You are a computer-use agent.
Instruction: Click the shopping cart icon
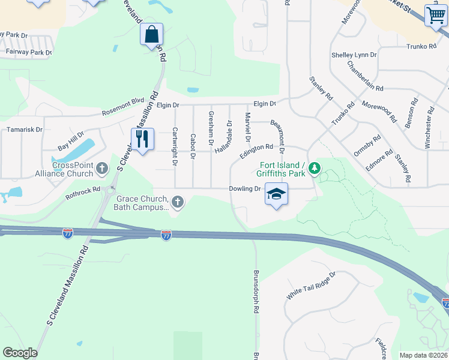pos(436,15)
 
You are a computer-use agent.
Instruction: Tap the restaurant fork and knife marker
pos(142,139)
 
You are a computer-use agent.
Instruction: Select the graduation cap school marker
pos(276,194)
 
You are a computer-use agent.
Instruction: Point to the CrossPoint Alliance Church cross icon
pos(102,169)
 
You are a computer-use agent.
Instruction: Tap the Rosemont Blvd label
pos(123,106)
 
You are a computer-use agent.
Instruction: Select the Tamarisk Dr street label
pos(25,129)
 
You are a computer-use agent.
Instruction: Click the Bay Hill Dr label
pos(71,140)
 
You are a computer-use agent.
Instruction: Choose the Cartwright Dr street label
pos(175,146)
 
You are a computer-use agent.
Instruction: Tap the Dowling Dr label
pos(245,188)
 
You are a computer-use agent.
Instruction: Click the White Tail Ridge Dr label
pos(310,286)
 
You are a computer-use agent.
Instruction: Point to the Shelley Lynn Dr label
pos(354,55)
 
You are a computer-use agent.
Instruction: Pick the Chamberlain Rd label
pos(365,75)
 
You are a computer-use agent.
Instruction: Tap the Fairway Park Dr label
pos(28,52)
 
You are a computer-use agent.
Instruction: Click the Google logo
pos(20,353)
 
